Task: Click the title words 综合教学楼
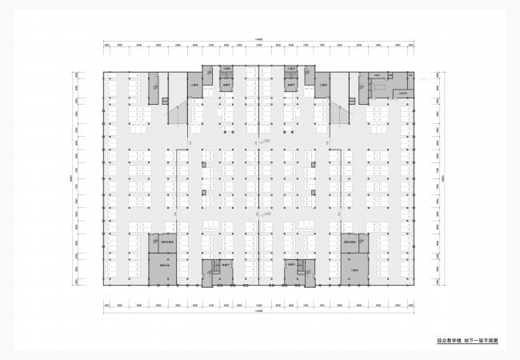(450, 340)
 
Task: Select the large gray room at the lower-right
(354, 267)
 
